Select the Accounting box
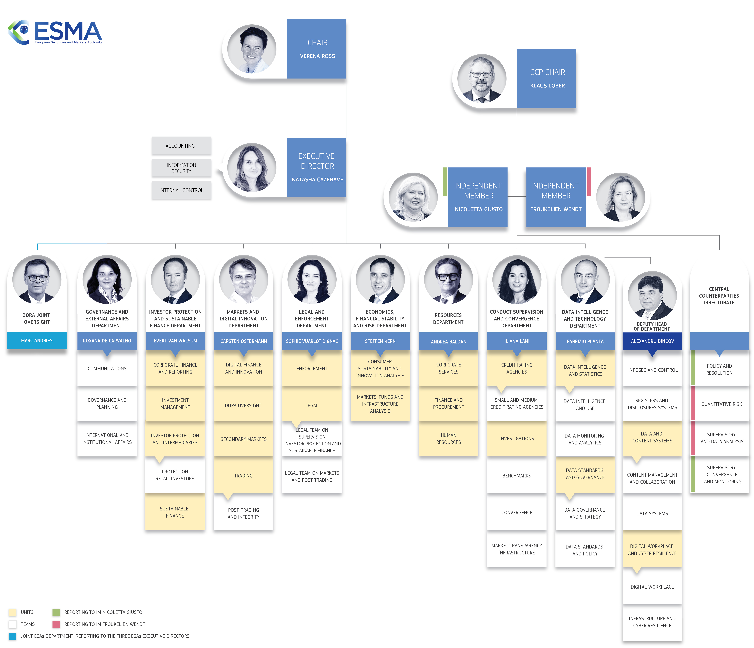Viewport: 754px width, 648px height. (x=181, y=146)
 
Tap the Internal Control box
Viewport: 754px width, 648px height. (x=181, y=190)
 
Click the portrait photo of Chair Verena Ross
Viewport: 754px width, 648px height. (x=252, y=49)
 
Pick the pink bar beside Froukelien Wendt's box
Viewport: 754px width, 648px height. (x=589, y=182)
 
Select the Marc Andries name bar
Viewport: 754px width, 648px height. (x=37, y=341)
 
